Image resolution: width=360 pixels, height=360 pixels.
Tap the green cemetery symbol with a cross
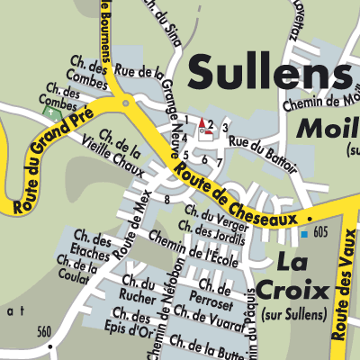click(x=51, y=114)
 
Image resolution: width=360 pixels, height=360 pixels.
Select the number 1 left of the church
click(x=187, y=120)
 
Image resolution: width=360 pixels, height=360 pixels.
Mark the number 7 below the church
click(x=219, y=160)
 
